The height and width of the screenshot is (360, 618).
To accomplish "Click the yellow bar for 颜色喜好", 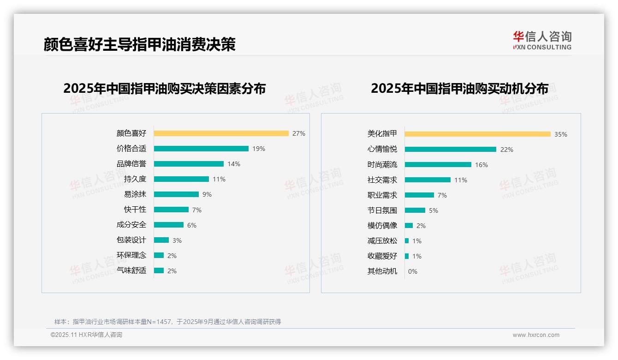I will click(x=221, y=133).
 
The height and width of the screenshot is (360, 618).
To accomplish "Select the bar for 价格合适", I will click(x=201, y=149).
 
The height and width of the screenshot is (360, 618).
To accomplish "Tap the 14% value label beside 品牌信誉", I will click(x=234, y=164).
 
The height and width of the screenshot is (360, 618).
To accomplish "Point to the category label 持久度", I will click(x=135, y=179).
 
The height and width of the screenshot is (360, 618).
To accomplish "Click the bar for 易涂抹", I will click(x=176, y=194).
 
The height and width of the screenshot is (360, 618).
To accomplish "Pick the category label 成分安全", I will click(x=131, y=225).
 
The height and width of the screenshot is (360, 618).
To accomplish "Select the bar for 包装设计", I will click(x=161, y=240).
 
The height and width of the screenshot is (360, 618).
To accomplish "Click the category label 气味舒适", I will click(x=131, y=270).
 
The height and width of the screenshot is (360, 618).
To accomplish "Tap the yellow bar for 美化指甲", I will click(x=477, y=134).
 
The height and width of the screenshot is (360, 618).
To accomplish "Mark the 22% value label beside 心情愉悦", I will click(x=507, y=150).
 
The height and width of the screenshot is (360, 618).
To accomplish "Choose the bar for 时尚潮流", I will click(x=438, y=165).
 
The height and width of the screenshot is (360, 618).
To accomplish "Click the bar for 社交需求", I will click(x=428, y=180).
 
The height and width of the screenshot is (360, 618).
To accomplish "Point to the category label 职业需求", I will click(x=382, y=195).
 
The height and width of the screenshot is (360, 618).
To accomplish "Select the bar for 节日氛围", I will click(x=415, y=210).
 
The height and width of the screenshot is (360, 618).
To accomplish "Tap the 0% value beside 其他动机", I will click(x=413, y=271).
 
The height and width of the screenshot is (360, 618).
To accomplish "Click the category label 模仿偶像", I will click(x=382, y=226).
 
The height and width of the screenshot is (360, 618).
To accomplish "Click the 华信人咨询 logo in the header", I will click(x=542, y=41).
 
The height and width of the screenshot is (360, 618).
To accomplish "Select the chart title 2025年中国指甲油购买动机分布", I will click(x=459, y=88).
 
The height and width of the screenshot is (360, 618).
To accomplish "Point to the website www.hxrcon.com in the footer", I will click(x=536, y=335).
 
